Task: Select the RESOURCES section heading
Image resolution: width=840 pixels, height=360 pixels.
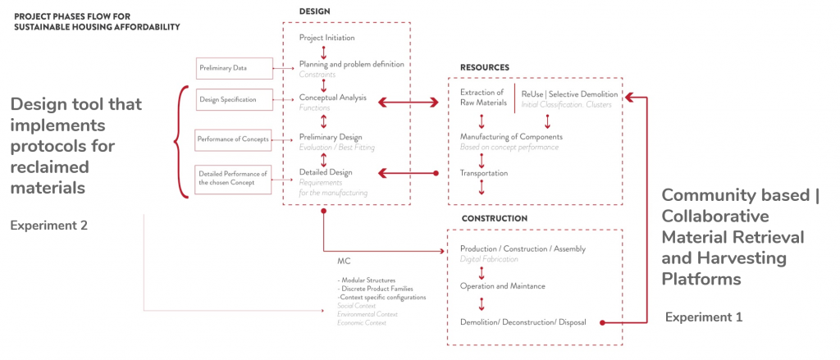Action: (x=485, y=67)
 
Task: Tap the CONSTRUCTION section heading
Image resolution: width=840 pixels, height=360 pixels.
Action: (x=494, y=219)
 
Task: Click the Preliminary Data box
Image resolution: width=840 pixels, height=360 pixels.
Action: (x=222, y=67)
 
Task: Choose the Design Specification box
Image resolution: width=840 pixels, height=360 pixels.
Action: (x=227, y=100)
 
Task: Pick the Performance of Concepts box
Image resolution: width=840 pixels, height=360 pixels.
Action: (x=233, y=139)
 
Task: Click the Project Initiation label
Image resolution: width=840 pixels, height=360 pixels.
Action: (x=327, y=38)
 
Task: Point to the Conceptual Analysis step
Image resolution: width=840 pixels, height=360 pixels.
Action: (x=332, y=98)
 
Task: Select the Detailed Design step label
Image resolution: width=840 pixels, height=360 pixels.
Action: (x=326, y=172)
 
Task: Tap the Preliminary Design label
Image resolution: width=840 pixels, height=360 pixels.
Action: (x=331, y=136)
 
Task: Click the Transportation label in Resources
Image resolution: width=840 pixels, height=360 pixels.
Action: (x=483, y=173)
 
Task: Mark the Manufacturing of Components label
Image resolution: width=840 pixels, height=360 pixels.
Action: (x=511, y=136)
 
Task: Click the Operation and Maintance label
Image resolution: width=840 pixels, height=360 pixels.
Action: (x=503, y=285)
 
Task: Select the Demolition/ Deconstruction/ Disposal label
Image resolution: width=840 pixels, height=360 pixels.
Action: (x=523, y=321)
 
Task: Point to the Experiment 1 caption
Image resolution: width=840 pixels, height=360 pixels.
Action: (x=703, y=317)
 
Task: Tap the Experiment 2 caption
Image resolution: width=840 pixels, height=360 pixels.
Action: (x=48, y=225)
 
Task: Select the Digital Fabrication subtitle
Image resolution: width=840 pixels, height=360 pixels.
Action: (x=489, y=259)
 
